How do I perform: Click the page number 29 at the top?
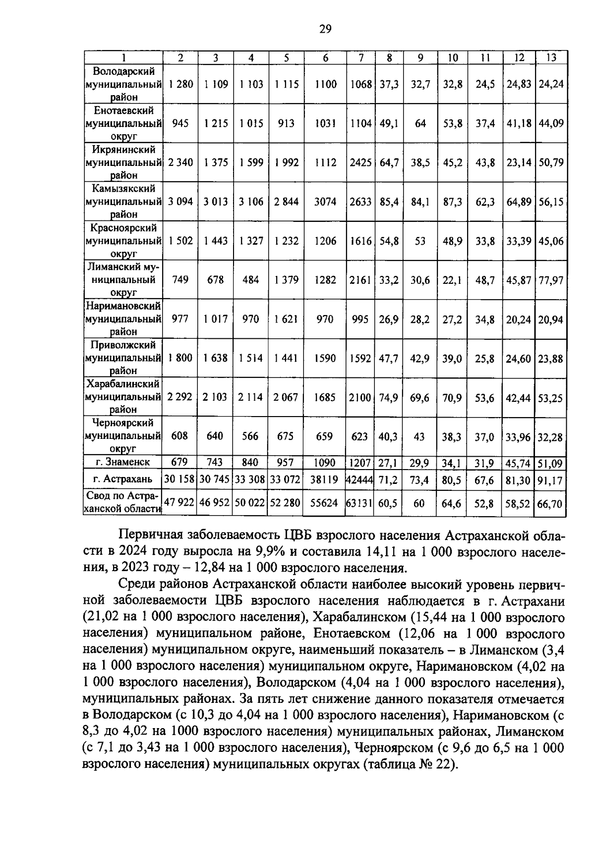(325, 29)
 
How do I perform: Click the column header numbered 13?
(551, 57)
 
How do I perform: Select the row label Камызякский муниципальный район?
(123, 202)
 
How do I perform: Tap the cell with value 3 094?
(180, 202)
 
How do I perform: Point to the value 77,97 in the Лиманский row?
(551, 280)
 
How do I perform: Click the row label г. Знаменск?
(123, 462)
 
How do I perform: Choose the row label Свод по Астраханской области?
(123, 502)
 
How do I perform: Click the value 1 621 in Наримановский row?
(286, 319)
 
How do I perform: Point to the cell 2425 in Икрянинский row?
(360, 162)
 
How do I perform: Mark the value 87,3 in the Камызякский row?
(452, 202)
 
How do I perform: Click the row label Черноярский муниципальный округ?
(123, 436)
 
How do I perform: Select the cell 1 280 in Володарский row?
(180, 84)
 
